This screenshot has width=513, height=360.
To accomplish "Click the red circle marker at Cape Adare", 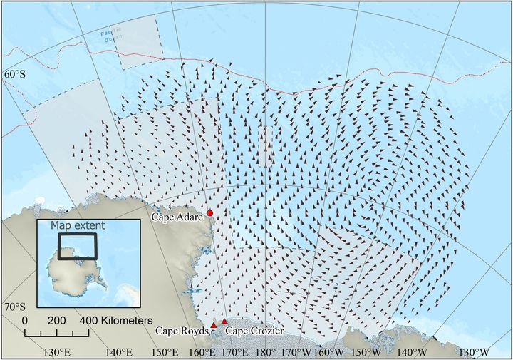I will [x=210, y=213].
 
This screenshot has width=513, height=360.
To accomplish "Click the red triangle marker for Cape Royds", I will [x=213, y=326].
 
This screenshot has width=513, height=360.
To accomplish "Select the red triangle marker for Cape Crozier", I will [x=224, y=322].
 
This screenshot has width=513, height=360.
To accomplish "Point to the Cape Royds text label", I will [x=182, y=331].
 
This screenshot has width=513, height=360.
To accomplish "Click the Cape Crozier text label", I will [x=255, y=331].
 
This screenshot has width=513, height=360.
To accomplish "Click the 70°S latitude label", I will [x=14, y=307].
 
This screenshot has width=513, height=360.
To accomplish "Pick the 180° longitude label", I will [x=264, y=352].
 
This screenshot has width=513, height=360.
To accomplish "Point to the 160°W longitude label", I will [x=328, y=352].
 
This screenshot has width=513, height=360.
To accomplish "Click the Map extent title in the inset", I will [x=78, y=225].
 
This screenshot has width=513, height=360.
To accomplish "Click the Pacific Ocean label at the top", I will [x=111, y=34].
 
